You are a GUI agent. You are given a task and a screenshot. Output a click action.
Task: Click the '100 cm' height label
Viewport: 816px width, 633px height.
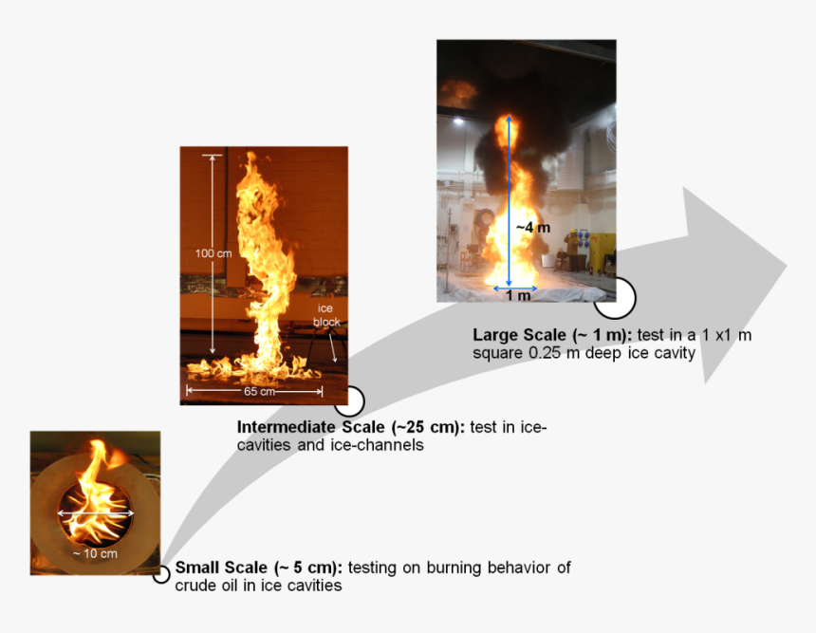pos(213,253)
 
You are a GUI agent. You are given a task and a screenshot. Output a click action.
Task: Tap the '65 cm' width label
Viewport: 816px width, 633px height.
pos(259,391)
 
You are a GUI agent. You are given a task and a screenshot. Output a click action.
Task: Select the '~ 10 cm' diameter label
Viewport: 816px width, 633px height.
pos(95,553)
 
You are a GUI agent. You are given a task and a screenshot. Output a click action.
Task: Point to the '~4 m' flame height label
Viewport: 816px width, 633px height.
pos(533,228)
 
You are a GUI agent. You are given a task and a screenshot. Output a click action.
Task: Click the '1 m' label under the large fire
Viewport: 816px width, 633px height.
pos(518,295)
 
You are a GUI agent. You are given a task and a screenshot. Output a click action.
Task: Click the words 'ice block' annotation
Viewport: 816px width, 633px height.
pos(326,315)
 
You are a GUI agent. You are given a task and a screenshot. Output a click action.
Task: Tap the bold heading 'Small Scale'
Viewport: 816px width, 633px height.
pos(221,567)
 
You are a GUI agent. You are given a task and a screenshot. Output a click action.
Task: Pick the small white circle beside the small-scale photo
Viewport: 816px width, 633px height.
pos(161,575)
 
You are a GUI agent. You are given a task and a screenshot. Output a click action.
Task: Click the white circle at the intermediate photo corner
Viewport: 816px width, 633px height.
pos(349,400)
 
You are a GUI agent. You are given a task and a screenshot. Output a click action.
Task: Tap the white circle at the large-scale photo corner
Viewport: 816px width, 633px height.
pos(615,298)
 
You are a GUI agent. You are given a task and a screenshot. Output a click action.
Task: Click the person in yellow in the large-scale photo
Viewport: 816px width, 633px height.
pos(572,250)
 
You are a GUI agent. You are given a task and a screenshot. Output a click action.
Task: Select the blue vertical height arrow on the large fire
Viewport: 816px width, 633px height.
pos(509,200)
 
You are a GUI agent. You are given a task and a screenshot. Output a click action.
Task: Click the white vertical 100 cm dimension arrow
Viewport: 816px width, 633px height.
pos(212,254)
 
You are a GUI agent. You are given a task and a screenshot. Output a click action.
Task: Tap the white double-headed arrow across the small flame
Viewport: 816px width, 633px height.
pos(95,513)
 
